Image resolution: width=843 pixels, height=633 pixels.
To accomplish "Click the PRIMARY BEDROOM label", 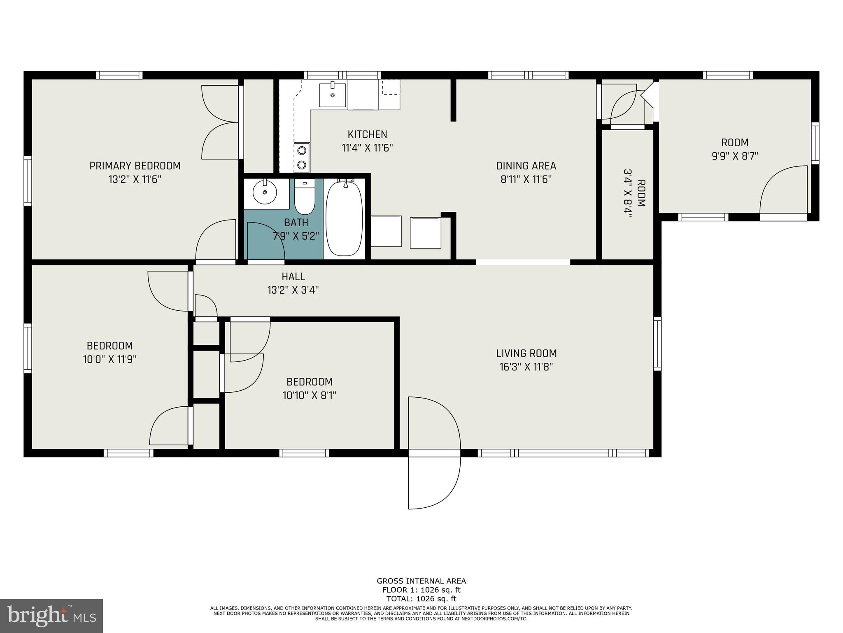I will (x=135, y=166).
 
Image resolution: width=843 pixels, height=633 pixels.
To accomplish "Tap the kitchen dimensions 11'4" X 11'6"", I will (x=367, y=148).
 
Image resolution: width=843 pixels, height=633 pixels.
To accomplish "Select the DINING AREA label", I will (x=526, y=166).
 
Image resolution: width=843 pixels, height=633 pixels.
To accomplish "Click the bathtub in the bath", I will (x=344, y=218).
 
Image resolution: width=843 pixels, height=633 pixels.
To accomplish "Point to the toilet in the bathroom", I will (x=305, y=198).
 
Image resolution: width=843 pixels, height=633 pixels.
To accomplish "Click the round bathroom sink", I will (x=264, y=192).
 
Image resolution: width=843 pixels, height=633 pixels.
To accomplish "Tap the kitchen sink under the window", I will (x=333, y=95).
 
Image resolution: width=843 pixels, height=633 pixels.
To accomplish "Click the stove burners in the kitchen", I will (x=302, y=157).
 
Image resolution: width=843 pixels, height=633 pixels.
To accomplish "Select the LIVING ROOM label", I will (x=526, y=353).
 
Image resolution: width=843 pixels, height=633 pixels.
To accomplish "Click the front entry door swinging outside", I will (x=434, y=482).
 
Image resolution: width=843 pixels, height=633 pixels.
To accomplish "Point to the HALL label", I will (x=293, y=277).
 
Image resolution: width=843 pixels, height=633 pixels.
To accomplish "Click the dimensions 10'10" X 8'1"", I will (x=309, y=396).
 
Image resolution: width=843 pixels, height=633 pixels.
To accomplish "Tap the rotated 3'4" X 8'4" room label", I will (x=634, y=194).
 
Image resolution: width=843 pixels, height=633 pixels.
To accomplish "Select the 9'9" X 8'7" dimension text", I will (x=735, y=156).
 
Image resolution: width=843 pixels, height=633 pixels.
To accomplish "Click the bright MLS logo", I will (x=51, y=616).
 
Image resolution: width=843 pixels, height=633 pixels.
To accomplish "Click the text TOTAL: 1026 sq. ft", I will (x=421, y=599).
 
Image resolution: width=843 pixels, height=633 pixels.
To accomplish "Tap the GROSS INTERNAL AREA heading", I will (x=421, y=581).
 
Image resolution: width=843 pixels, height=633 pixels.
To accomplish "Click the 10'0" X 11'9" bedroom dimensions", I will (x=109, y=359).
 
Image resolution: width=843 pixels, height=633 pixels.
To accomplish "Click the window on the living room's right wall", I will (x=657, y=344).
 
